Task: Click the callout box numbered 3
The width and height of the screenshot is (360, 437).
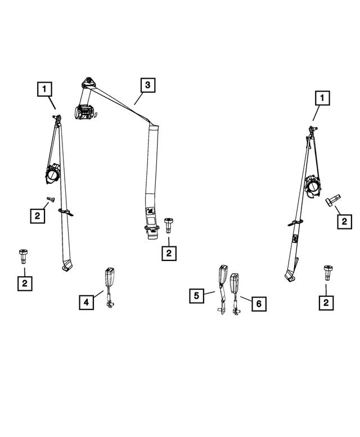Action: tap(147, 85)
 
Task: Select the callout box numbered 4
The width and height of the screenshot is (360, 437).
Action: tap(86, 303)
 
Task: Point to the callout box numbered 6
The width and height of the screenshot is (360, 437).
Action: tap(258, 304)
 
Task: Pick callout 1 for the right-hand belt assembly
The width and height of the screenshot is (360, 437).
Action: tap(322, 100)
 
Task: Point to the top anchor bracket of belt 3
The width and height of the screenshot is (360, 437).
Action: tap(89, 82)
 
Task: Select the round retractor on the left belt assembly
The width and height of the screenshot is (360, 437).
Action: tap(54, 173)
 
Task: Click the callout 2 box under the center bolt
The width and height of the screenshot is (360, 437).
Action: tap(168, 254)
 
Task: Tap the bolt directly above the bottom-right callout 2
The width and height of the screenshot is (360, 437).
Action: tap(326, 272)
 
